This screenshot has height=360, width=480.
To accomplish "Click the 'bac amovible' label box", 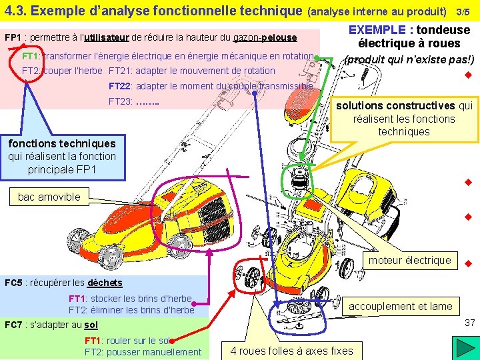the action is point(49,197).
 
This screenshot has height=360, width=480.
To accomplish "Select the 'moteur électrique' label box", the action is point(410,260).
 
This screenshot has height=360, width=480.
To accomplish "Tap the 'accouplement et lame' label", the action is point(401,306).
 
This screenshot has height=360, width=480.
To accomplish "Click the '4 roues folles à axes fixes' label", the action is point(291,351).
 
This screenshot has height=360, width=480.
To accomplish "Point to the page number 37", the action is point(469,323).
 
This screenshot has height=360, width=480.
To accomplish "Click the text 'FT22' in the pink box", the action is point(121,86).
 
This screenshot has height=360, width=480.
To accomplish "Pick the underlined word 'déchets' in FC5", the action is point(105,283).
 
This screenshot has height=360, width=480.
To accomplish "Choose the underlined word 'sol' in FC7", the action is point(91,325).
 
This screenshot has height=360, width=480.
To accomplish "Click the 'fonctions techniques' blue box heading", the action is point(61,143).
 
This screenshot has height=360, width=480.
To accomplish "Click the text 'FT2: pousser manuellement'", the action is point(143,352).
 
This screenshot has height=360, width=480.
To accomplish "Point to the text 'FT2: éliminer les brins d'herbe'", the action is point(131,310).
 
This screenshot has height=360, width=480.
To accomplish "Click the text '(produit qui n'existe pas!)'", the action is point(409,59).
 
